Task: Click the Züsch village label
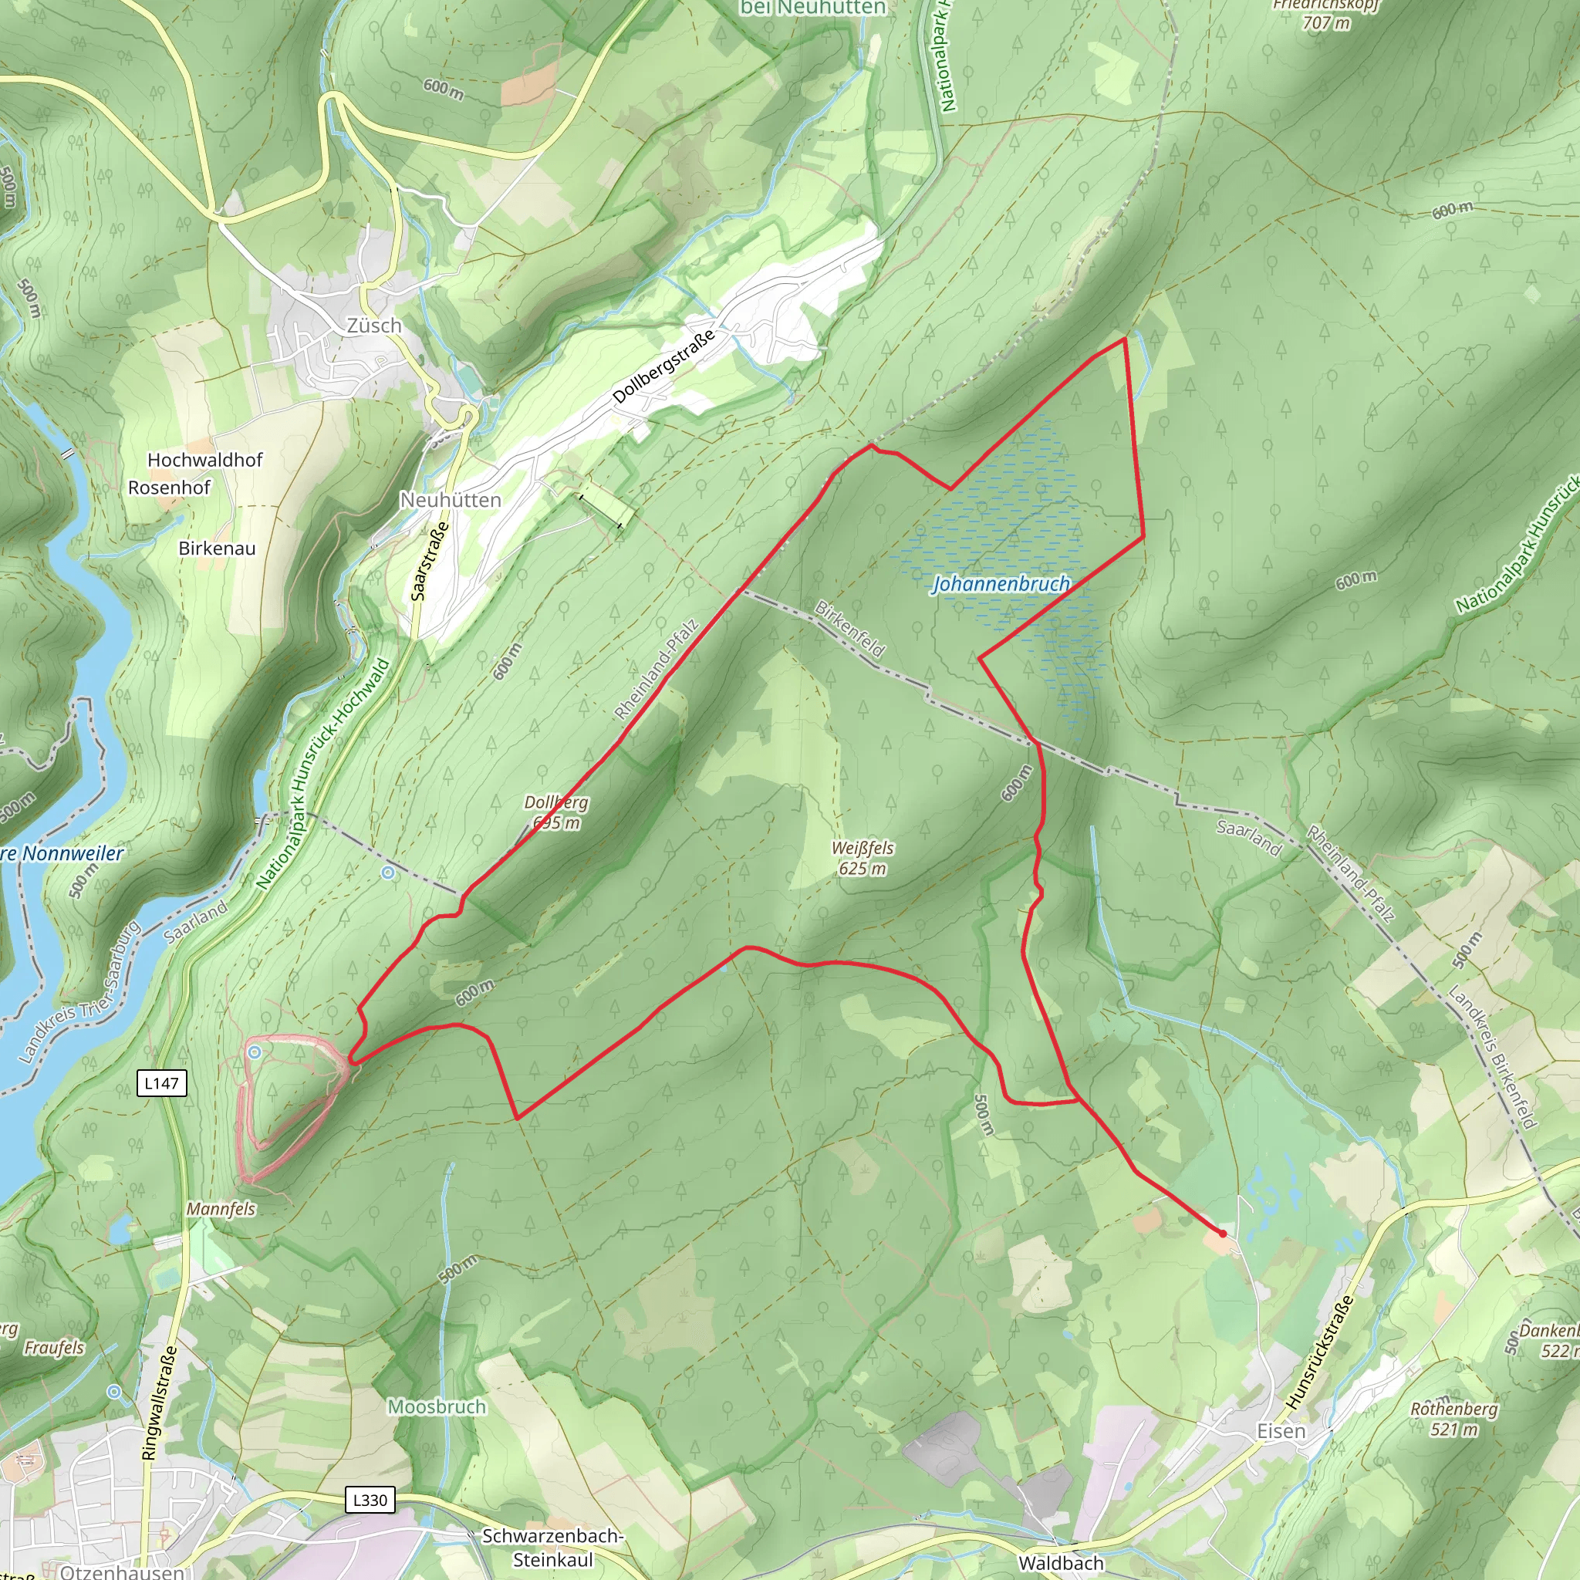pyautogui.click(x=373, y=326)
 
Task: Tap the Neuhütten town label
pyautogui.click(x=450, y=500)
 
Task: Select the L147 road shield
pyautogui.click(x=161, y=1084)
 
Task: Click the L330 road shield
pyautogui.click(x=370, y=1500)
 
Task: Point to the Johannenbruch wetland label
pyautogui.click(x=1001, y=584)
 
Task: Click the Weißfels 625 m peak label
pyautogui.click(x=862, y=858)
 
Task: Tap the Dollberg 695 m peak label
pyautogui.click(x=556, y=812)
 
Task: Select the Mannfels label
pyautogui.click(x=221, y=1209)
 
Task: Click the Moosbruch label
pyautogui.click(x=437, y=1406)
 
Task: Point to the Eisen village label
pyautogui.click(x=1281, y=1431)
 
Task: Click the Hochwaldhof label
pyautogui.click(x=204, y=461)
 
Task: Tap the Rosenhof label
pyautogui.click(x=169, y=488)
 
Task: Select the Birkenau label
pyautogui.click(x=217, y=548)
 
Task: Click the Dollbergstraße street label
pyautogui.click(x=663, y=366)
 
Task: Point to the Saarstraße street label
pyautogui.click(x=430, y=561)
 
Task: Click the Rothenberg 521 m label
pyautogui.click(x=1453, y=1419)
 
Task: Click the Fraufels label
pyautogui.click(x=54, y=1348)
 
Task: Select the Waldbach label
pyautogui.click(x=1061, y=1563)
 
